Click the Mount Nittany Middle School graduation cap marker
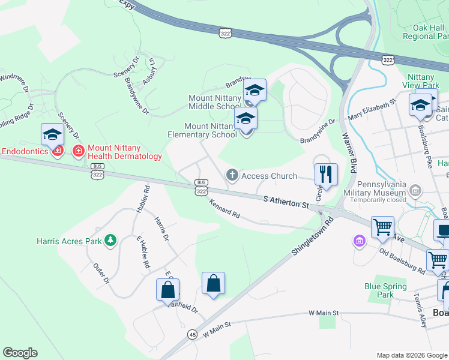[x=255, y=91]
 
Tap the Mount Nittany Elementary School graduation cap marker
[x=246, y=119]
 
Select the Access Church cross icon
[x=232, y=176]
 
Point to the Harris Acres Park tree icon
[x=110, y=241]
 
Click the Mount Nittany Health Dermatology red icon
[x=77, y=151]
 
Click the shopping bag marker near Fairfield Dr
[x=168, y=290]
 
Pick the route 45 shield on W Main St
[x=192, y=334]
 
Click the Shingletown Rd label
[x=313, y=238]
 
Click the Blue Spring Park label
[x=387, y=290]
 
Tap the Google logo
[x=20, y=353]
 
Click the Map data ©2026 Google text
[x=412, y=355]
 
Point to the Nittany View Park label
[x=424, y=82]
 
